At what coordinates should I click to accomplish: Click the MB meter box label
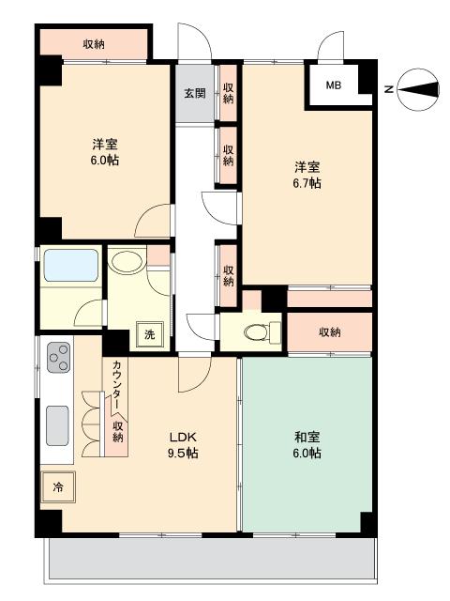(x=334, y=85)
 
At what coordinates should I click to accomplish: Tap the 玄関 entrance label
(x=195, y=93)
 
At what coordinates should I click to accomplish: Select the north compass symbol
(x=418, y=90)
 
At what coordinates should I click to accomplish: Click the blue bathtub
(x=71, y=265)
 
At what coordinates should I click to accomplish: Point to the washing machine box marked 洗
(x=150, y=334)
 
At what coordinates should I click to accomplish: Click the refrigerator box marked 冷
(x=58, y=487)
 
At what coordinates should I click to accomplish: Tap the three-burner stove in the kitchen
(x=58, y=357)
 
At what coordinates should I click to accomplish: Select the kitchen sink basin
(x=57, y=425)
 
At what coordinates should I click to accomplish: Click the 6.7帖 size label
(x=307, y=183)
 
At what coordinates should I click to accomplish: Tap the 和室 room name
(x=307, y=437)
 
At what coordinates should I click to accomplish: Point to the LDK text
(x=183, y=437)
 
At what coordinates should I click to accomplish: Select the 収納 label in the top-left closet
(x=94, y=44)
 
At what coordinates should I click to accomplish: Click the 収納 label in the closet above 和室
(x=330, y=331)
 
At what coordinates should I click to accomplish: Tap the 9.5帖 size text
(x=183, y=453)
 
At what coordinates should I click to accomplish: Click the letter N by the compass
(x=389, y=90)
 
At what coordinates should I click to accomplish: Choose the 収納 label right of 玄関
(x=228, y=93)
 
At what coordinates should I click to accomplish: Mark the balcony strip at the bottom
(x=211, y=559)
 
